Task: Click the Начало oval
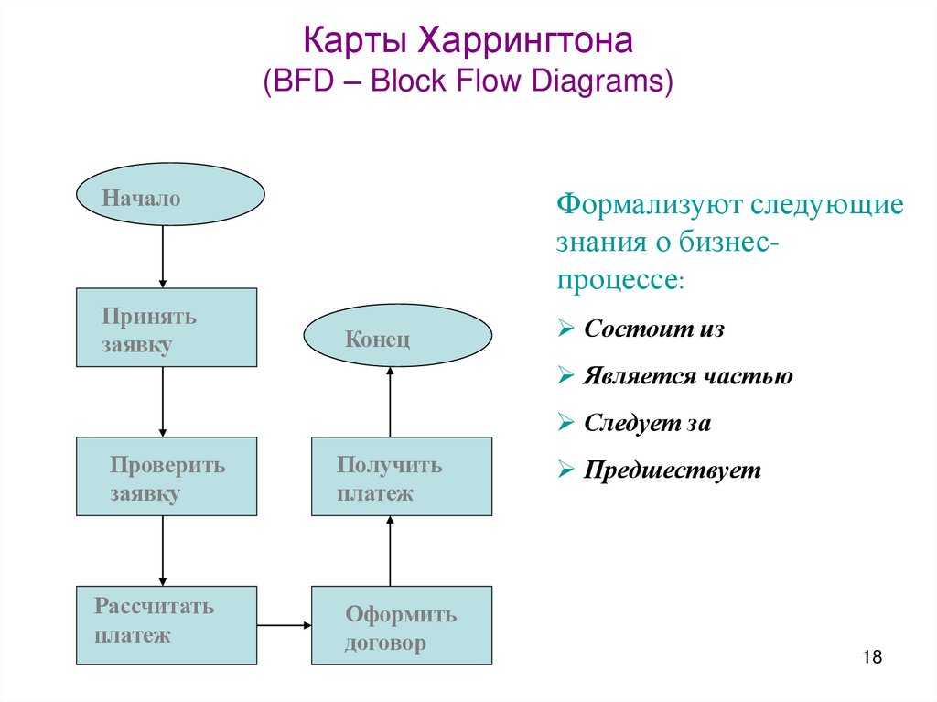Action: pos(169,196)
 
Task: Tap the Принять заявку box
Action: pos(166,328)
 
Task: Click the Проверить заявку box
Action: pos(166,476)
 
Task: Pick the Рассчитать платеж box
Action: pos(166,624)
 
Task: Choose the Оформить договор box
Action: pos(402,625)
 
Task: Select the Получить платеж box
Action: pos(402,476)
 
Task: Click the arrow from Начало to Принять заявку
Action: pos(162,256)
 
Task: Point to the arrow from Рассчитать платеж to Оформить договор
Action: pos(285,626)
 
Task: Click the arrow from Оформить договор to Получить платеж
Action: pos(390,550)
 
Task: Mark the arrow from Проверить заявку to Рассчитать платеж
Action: pos(162,550)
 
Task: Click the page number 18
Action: pos(871,658)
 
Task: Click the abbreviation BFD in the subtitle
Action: pos(300,81)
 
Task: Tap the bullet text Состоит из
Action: pos(654,329)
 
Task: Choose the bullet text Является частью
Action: pos(688,376)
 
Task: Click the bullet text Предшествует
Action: pos(673,470)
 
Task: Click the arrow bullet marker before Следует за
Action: pos(565,424)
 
